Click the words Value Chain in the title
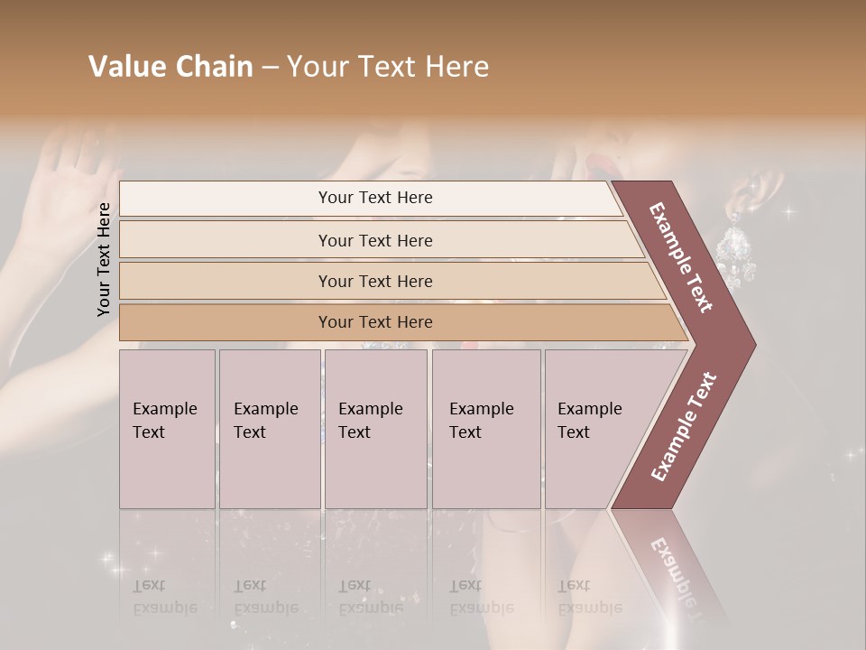pos(170,67)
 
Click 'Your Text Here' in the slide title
pos(388,67)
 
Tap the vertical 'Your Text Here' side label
pos(104,259)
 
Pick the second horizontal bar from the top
pos(375,240)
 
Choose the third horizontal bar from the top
pos(375,281)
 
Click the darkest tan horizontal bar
pos(375,322)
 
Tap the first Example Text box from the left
pos(167,428)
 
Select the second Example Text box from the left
pos(269,428)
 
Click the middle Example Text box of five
pos(375,428)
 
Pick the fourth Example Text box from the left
pos(485,428)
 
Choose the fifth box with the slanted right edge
pos(595,428)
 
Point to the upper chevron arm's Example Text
pos(682,257)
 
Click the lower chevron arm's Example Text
pos(683,427)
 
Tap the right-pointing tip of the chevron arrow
pos(747,344)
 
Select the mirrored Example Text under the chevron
pos(677,573)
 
